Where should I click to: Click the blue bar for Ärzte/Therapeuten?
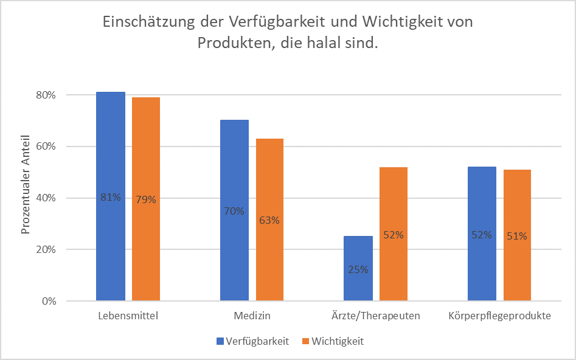358,286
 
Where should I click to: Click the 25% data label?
358,269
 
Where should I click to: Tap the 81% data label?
111,197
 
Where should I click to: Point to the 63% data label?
269,220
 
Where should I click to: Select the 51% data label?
517,236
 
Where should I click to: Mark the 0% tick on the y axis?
49,301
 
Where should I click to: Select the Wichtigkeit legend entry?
337,341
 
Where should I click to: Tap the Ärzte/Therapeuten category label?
375,316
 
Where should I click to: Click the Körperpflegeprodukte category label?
499,316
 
